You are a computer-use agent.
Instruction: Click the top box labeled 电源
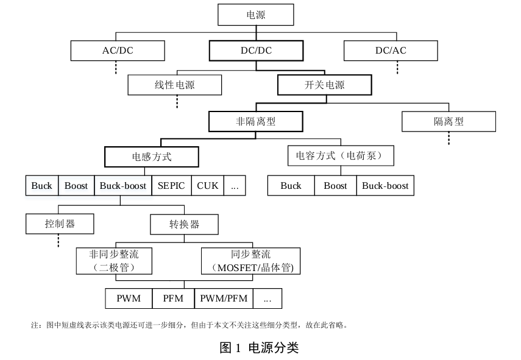[x=255, y=15]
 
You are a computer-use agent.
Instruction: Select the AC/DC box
[x=118, y=51]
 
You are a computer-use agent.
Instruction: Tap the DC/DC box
[x=255, y=51]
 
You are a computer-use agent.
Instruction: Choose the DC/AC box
[x=390, y=51]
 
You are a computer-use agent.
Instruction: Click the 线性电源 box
[x=174, y=85]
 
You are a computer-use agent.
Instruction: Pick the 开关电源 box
[x=324, y=85]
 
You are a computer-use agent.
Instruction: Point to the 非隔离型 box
[x=255, y=121]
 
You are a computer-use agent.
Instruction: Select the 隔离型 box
[x=448, y=121]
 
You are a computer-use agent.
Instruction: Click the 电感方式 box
[x=152, y=157]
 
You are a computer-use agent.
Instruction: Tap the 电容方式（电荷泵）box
[x=340, y=156]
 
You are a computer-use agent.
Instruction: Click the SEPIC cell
[x=171, y=186]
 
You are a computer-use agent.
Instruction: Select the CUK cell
[x=208, y=186]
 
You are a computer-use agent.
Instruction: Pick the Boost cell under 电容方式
[x=335, y=186]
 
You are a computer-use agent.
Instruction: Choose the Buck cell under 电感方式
[x=41, y=186]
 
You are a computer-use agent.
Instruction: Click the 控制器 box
[x=60, y=224]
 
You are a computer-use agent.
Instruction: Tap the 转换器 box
[x=184, y=224]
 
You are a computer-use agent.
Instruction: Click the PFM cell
[x=173, y=298]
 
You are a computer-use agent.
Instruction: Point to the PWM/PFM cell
[x=224, y=298]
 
